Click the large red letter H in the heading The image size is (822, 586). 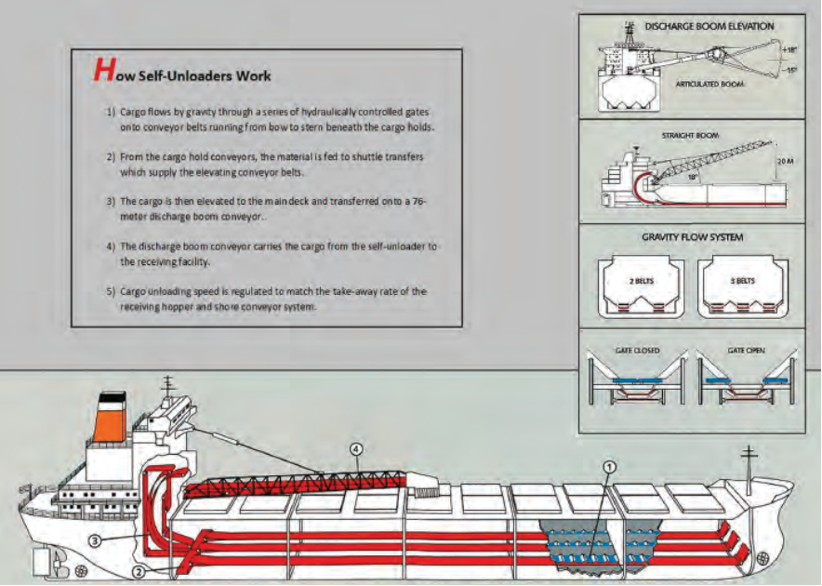102,71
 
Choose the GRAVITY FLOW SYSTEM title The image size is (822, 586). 692,238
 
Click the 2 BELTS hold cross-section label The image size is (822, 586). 639,279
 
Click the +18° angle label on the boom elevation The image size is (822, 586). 789,49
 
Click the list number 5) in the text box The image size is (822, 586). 110,291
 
